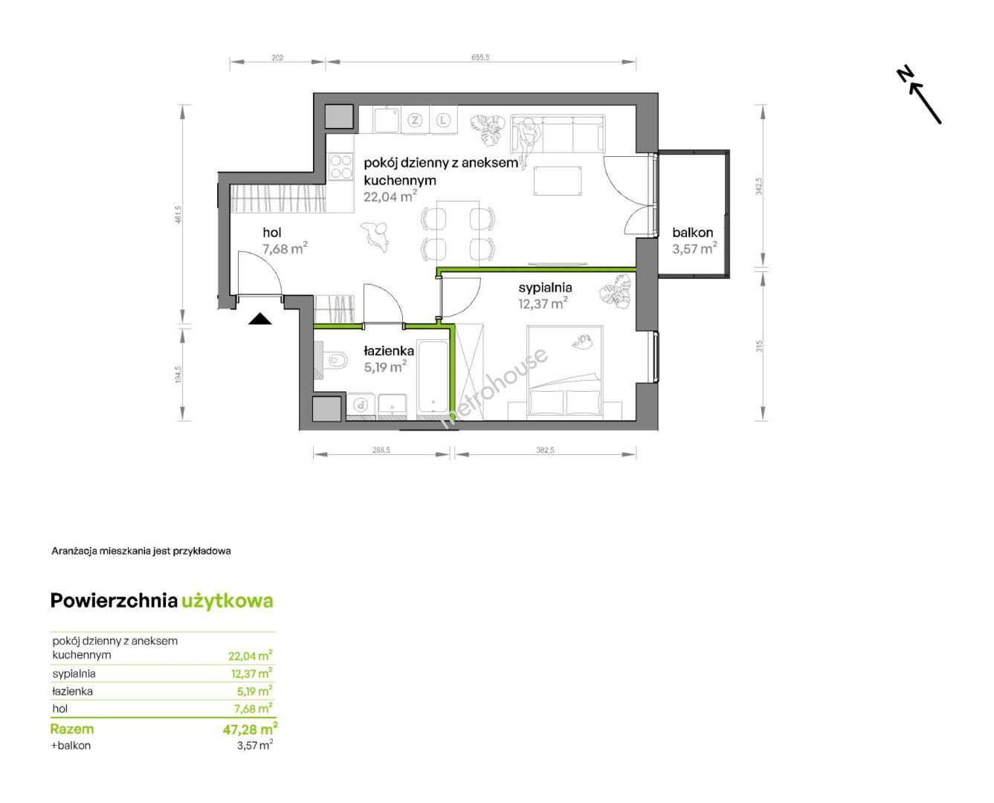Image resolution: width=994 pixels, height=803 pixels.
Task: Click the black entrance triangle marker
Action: click(x=259, y=319)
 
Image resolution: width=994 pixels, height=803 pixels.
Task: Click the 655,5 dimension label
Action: click(x=480, y=57)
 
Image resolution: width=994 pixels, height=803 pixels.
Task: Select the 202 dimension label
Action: click(x=277, y=58)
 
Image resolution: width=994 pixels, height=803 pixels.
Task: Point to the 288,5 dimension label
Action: click(x=381, y=450)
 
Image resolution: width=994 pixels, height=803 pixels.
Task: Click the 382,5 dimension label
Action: click(x=545, y=450)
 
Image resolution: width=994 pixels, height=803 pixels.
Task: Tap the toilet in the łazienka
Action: click(x=335, y=360)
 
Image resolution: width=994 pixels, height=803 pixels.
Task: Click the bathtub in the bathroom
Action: click(x=432, y=376)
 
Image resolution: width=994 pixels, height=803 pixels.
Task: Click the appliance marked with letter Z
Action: click(x=415, y=120)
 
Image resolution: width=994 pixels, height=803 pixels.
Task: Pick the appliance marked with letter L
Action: click(x=443, y=120)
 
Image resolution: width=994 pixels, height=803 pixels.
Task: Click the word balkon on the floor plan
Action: click(x=692, y=232)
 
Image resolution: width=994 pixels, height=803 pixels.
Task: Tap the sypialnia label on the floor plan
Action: click(x=545, y=288)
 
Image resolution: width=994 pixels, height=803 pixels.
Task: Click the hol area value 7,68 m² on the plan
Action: click(x=285, y=248)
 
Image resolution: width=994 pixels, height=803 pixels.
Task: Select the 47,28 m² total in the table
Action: click(x=250, y=729)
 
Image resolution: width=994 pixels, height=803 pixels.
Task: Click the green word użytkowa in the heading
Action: click(x=227, y=601)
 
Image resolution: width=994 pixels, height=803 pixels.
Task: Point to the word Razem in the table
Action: click(x=72, y=729)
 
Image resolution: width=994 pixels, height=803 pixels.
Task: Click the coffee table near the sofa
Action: click(x=558, y=181)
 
